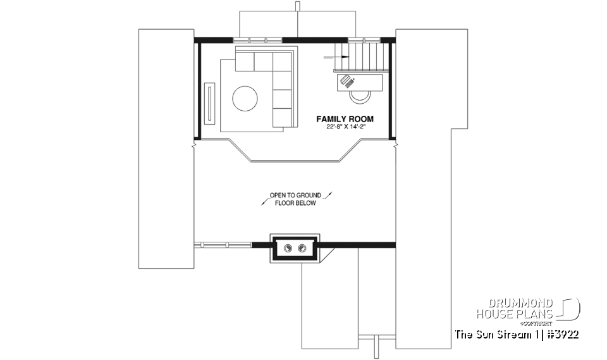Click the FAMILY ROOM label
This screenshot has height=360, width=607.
click(345, 119)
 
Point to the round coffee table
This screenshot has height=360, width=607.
click(245, 99)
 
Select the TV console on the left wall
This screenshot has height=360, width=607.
click(210, 102)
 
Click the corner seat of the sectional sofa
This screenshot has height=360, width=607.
click(283, 61)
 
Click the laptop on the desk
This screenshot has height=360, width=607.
click(347, 81)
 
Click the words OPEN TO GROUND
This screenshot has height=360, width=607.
click(295, 196)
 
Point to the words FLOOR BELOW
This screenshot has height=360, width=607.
click(295, 203)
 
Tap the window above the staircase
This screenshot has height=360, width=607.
click(365, 40)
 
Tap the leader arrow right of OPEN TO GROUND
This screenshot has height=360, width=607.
click(328, 196)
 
